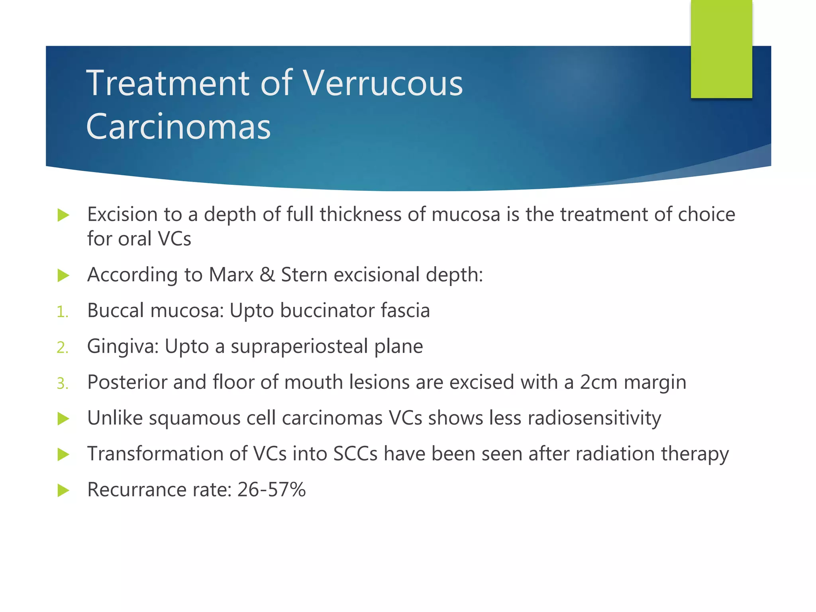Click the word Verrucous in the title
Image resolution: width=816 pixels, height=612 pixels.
tap(383, 84)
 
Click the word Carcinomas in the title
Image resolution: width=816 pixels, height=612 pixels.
tap(178, 127)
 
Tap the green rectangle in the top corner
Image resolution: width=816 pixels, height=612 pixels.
tap(721, 49)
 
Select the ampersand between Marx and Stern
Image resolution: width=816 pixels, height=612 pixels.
tap(267, 275)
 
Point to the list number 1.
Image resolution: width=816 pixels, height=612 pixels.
tap(62, 312)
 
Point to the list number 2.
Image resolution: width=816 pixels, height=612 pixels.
tap(63, 347)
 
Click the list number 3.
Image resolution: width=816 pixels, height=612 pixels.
tap(63, 383)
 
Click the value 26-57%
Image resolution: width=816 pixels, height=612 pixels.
tap(271, 490)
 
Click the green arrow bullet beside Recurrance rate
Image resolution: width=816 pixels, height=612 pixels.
tap(63, 490)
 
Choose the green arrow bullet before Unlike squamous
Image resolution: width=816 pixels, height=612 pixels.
tap(63, 419)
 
